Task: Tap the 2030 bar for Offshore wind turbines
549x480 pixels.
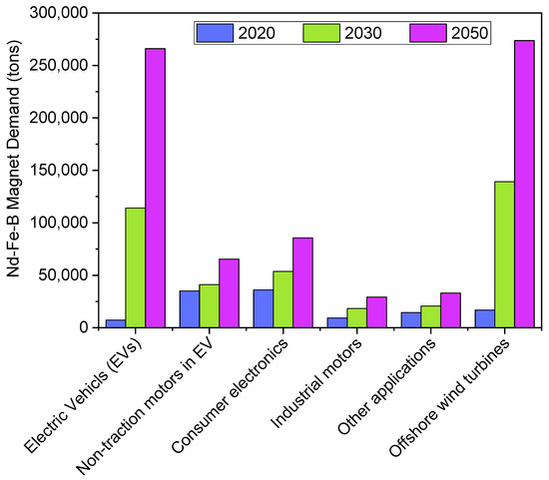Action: pos(504,254)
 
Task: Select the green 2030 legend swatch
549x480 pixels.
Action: pos(321,33)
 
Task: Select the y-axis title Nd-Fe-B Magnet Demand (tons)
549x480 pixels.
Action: pos(14,170)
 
